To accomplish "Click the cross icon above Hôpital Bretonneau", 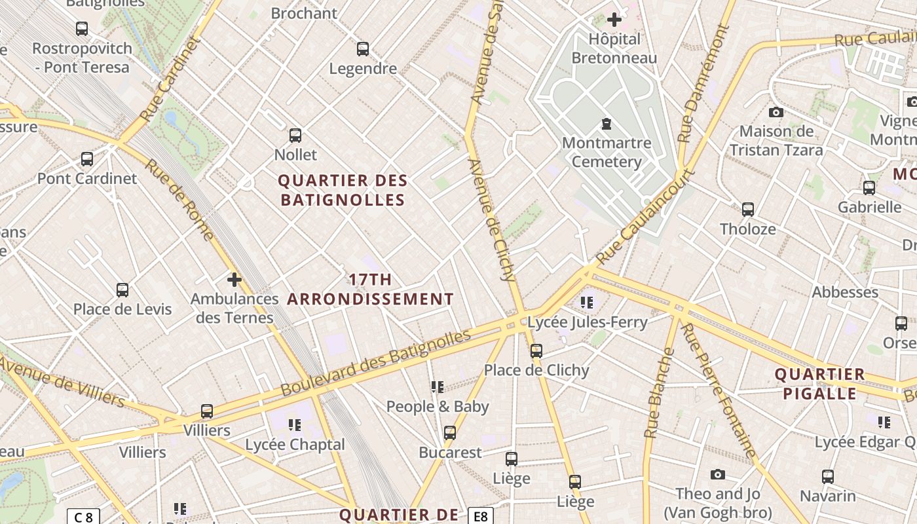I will click(x=614, y=20).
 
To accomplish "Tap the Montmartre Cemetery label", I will click(x=607, y=152).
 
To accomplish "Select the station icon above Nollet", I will click(x=295, y=136).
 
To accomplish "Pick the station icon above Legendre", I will click(x=362, y=49).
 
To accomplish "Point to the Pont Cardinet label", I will click(x=87, y=178).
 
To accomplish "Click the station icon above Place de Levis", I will click(x=122, y=290).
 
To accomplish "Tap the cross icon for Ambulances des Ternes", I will click(x=234, y=280).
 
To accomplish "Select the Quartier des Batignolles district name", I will click(x=343, y=190).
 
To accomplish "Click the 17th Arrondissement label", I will click(x=370, y=290).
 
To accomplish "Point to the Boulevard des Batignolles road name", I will click(x=376, y=363).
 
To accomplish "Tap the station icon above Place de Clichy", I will click(x=536, y=351).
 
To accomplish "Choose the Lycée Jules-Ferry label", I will click(x=587, y=322).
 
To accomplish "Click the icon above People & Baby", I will click(x=438, y=387).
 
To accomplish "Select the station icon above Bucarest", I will click(x=450, y=433).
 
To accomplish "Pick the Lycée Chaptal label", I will click(x=295, y=445).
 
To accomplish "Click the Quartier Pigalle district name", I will click(x=819, y=384).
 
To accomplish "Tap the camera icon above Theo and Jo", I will click(x=718, y=474).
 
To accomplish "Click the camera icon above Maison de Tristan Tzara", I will click(x=776, y=112).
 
